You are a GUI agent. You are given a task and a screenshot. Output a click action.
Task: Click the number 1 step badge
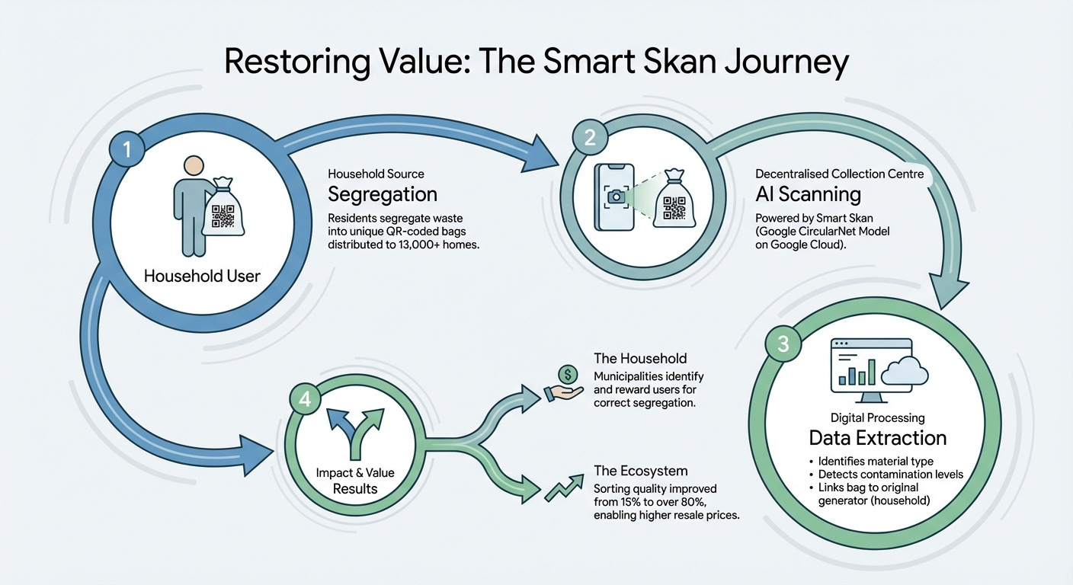(x=127, y=150)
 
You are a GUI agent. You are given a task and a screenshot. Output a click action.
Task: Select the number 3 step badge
(x=783, y=345)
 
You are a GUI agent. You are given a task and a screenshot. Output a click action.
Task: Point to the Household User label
(x=202, y=275)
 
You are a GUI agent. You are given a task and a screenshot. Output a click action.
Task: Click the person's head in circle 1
(x=194, y=167)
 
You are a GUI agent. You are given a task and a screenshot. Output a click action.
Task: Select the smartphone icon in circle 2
(x=614, y=197)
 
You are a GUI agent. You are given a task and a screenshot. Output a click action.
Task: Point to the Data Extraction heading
(x=877, y=438)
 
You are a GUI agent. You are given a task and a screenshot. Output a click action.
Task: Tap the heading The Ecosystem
(x=640, y=471)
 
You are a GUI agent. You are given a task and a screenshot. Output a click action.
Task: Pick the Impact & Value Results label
(x=356, y=480)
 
